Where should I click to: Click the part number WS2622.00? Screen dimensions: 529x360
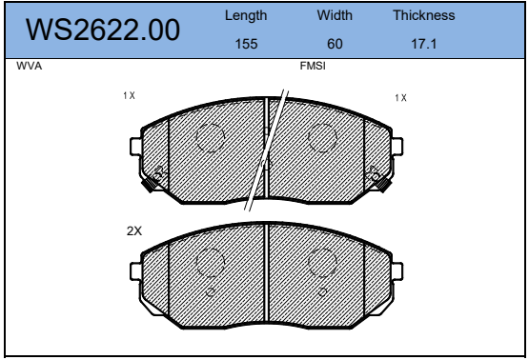pyautogui.click(x=103, y=30)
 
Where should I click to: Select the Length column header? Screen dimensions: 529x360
pyautogui.click(x=246, y=16)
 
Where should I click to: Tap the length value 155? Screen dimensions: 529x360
pyautogui.click(x=246, y=44)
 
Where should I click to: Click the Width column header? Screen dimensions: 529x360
pyautogui.click(x=335, y=15)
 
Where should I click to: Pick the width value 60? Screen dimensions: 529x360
pyautogui.click(x=335, y=44)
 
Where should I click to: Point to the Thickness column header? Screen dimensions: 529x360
pyautogui.click(x=424, y=15)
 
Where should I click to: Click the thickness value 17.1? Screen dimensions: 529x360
pyautogui.click(x=424, y=44)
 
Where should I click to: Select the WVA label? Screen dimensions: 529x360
pyautogui.click(x=30, y=66)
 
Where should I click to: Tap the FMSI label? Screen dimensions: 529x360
pyautogui.click(x=313, y=66)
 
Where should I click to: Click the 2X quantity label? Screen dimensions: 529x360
pyautogui.click(x=134, y=231)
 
